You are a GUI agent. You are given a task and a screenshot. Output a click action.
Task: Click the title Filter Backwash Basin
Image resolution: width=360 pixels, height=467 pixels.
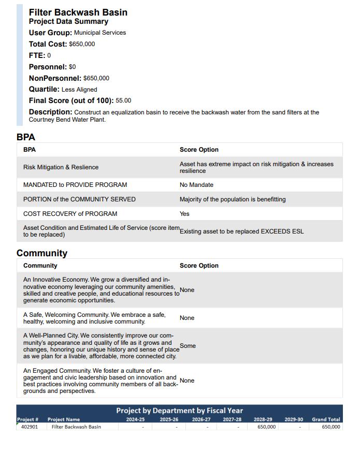pyautogui.click(x=78, y=12)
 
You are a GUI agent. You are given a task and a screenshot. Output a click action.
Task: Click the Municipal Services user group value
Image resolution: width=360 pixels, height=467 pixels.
pyautogui.click(x=100, y=33)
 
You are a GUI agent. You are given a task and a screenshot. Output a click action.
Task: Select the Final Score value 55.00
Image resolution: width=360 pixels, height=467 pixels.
pyautogui.click(x=123, y=100)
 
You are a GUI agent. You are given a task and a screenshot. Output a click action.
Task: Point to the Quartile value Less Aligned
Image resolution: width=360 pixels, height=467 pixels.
pyautogui.click(x=79, y=90)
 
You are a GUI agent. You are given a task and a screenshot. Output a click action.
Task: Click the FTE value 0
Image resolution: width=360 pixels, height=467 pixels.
pyautogui.click(x=49, y=55)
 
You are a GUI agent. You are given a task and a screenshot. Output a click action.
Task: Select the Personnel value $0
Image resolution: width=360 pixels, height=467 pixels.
pyautogui.click(x=73, y=67)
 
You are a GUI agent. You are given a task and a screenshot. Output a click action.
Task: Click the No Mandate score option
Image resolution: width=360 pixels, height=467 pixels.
pyautogui.click(x=196, y=185)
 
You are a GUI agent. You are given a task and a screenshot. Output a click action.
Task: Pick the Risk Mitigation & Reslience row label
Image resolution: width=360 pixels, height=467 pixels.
pyautogui.click(x=61, y=167)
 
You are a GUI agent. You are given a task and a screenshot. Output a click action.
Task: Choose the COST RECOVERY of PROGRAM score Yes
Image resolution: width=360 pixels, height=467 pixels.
pyautogui.click(x=184, y=214)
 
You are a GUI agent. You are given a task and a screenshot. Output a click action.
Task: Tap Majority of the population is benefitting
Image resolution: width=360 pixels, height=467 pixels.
pyautogui.click(x=233, y=199)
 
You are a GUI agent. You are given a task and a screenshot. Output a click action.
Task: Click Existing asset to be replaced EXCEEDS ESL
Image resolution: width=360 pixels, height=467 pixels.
pyautogui.click(x=241, y=231)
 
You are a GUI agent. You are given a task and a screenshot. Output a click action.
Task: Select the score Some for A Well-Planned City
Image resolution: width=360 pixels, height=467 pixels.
pyautogui.click(x=188, y=346)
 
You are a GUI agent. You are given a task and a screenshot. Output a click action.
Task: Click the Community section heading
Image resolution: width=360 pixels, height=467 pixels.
pyautogui.click(x=42, y=253)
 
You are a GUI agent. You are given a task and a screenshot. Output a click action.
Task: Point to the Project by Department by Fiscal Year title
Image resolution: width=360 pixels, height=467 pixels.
pyautogui.click(x=179, y=411)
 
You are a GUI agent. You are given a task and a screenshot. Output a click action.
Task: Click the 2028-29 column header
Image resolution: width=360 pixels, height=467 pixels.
pyautogui.click(x=263, y=419)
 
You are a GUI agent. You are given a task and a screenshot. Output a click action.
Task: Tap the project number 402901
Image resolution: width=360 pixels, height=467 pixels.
pyautogui.click(x=30, y=427)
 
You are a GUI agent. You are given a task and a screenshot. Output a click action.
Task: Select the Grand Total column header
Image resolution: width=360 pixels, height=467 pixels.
pyautogui.click(x=326, y=419)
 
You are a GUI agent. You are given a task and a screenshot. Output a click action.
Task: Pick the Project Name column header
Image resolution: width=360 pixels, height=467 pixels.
pyautogui.click(x=64, y=419)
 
